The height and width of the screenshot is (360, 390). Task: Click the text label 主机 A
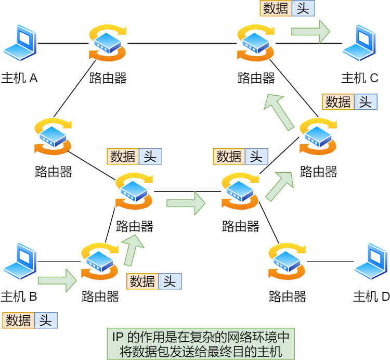19,79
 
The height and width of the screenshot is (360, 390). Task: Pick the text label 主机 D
371,297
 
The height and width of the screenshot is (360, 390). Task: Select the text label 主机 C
360,79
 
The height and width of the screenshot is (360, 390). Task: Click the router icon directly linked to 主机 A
108,43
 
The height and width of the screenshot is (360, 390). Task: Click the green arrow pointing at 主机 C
310,31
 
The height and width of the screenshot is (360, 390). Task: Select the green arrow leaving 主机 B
57,280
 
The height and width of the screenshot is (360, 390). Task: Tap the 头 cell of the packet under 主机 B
46,320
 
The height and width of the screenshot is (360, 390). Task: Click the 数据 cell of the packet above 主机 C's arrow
276,8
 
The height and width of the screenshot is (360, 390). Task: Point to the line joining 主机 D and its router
330,262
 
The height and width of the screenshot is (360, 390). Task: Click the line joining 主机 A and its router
62,43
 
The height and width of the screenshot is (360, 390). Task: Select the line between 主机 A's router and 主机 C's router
182,43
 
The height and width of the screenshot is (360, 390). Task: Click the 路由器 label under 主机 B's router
100,297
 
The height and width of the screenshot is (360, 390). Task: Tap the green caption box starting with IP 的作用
201,344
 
